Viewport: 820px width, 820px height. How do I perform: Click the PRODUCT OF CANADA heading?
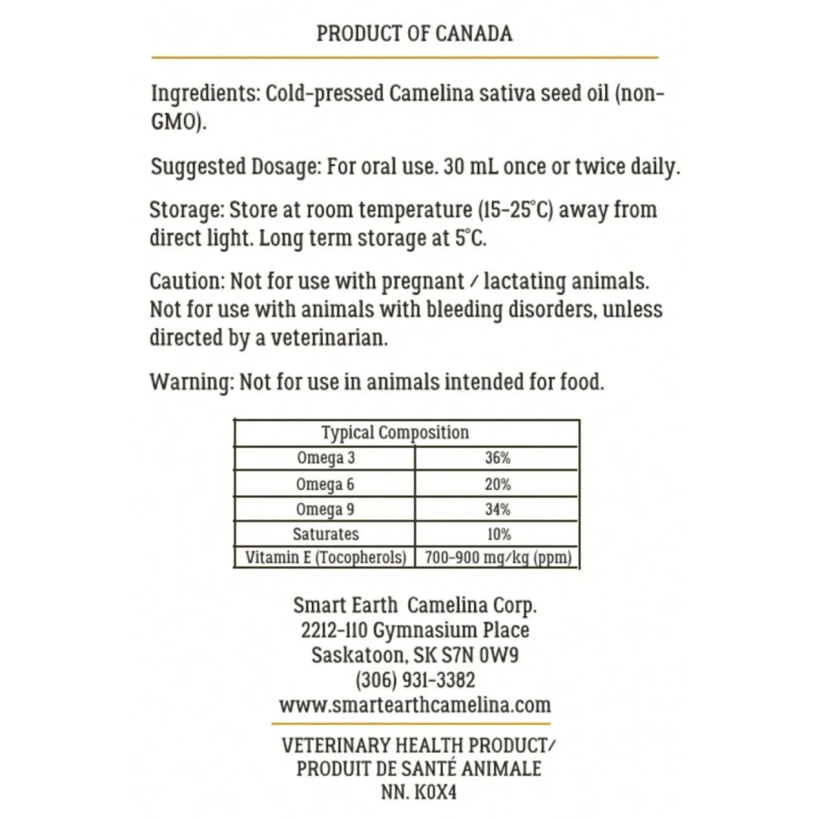414,33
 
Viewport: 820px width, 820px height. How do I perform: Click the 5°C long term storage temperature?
470,238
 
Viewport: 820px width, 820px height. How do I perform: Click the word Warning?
191,382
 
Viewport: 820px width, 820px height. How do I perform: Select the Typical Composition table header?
395,433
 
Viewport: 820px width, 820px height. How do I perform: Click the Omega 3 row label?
326,458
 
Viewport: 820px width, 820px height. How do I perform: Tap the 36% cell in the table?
497,458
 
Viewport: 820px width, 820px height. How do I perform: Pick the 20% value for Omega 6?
497,484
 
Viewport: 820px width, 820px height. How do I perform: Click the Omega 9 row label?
325,510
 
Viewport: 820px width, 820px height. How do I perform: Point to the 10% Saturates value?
498,534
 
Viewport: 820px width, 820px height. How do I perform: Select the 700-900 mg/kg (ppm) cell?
498,557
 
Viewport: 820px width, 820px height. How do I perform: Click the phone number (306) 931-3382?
415,680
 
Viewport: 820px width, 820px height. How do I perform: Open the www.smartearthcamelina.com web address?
415,705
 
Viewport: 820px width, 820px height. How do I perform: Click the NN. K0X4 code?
418,792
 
